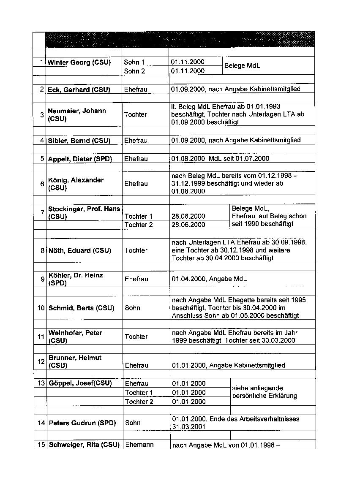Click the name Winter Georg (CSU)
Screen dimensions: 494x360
pos(79,62)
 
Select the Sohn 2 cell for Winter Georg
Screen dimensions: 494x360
pos(134,71)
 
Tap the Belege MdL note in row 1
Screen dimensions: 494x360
pos(242,66)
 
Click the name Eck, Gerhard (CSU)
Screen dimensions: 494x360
pos(79,90)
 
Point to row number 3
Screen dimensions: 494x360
pos(42,114)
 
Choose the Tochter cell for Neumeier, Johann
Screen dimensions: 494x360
pos(136,114)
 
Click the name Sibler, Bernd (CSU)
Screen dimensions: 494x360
pos(79,141)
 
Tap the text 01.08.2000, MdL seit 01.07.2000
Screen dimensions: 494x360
pos(221,159)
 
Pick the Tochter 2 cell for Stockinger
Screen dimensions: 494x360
pos(139,225)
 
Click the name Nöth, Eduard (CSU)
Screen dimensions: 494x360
pos(79,250)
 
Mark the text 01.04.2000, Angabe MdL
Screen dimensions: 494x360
pos(209,279)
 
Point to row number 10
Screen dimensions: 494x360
pos(41,308)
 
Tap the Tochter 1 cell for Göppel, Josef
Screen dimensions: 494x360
pos(139,393)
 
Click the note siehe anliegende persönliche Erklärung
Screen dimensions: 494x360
pos(265,392)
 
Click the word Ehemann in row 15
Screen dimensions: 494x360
pos(139,445)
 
